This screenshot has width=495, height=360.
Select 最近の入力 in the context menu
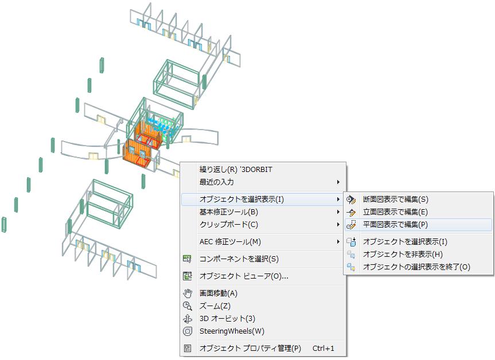tap(216, 182)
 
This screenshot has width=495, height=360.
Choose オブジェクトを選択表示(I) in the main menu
tap(241, 199)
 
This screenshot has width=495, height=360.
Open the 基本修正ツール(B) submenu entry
tap(228, 212)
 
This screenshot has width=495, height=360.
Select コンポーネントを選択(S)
tap(239, 259)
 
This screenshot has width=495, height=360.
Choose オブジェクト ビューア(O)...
tap(244, 276)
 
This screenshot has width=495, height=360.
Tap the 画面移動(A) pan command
tap(218, 294)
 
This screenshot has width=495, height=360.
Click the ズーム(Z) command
tap(215, 306)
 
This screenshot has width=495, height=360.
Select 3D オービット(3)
tap(227, 319)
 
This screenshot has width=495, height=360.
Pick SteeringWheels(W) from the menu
tap(232, 331)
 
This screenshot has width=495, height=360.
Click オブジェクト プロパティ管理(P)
tap(250, 348)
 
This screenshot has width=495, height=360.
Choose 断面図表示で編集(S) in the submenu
tap(395, 199)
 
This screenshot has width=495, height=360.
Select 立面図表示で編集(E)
tap(395, 212)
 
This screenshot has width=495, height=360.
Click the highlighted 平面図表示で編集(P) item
tap(395, 225)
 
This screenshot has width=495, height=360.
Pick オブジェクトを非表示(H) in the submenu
tap(403, 254)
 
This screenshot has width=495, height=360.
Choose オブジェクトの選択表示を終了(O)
tap(416, 267)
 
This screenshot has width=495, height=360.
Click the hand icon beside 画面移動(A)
tap(187, 294)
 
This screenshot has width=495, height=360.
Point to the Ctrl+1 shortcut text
tap(323, 348)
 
